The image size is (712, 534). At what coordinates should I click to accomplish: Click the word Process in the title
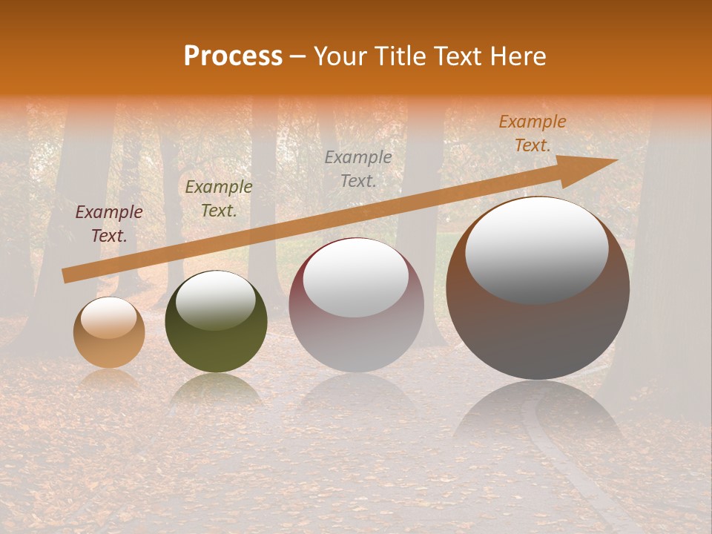233,56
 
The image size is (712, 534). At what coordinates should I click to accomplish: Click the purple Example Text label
109,224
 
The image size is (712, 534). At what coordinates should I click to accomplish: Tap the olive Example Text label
219,199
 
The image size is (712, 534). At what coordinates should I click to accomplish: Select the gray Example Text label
358,168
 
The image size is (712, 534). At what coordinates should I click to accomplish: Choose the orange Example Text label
533,133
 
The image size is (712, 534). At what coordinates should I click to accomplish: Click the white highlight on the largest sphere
536,251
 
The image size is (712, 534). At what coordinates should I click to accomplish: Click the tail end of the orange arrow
68,276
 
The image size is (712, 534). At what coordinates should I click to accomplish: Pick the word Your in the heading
340,56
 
